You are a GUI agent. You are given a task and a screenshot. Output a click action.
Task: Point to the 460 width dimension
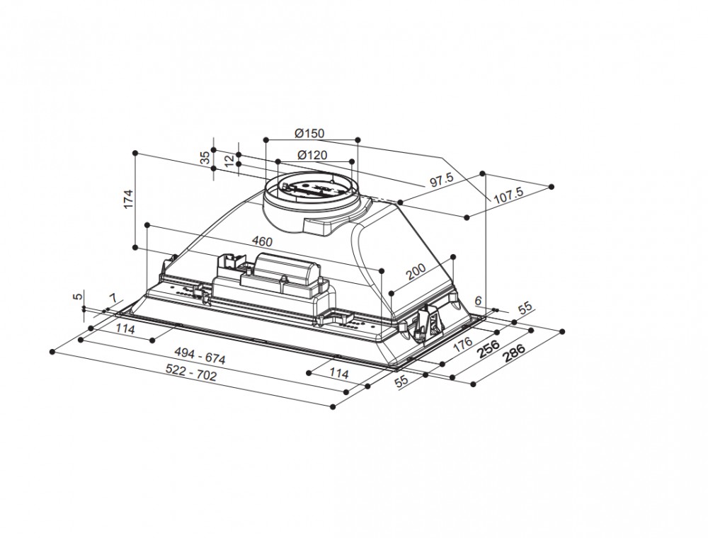261,241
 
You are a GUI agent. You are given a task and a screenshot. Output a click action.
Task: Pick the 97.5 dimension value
441,181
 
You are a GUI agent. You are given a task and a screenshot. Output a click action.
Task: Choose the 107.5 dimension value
508,193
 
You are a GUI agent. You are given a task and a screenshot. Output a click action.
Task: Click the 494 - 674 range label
202,358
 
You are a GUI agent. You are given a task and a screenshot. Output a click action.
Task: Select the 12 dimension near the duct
228,161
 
